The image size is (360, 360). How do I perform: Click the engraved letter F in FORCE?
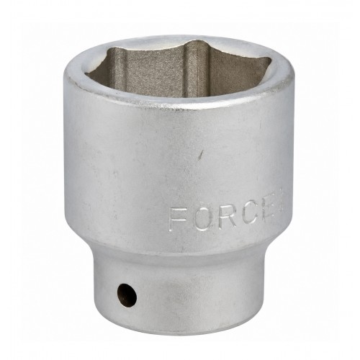coord(177,219)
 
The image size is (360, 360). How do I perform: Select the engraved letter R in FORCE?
coord(228,217)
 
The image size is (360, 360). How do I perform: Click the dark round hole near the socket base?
coord(127,295)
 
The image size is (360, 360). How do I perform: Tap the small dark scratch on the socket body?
coord(201,155)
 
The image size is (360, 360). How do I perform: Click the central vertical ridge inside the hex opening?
coord(192,70)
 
